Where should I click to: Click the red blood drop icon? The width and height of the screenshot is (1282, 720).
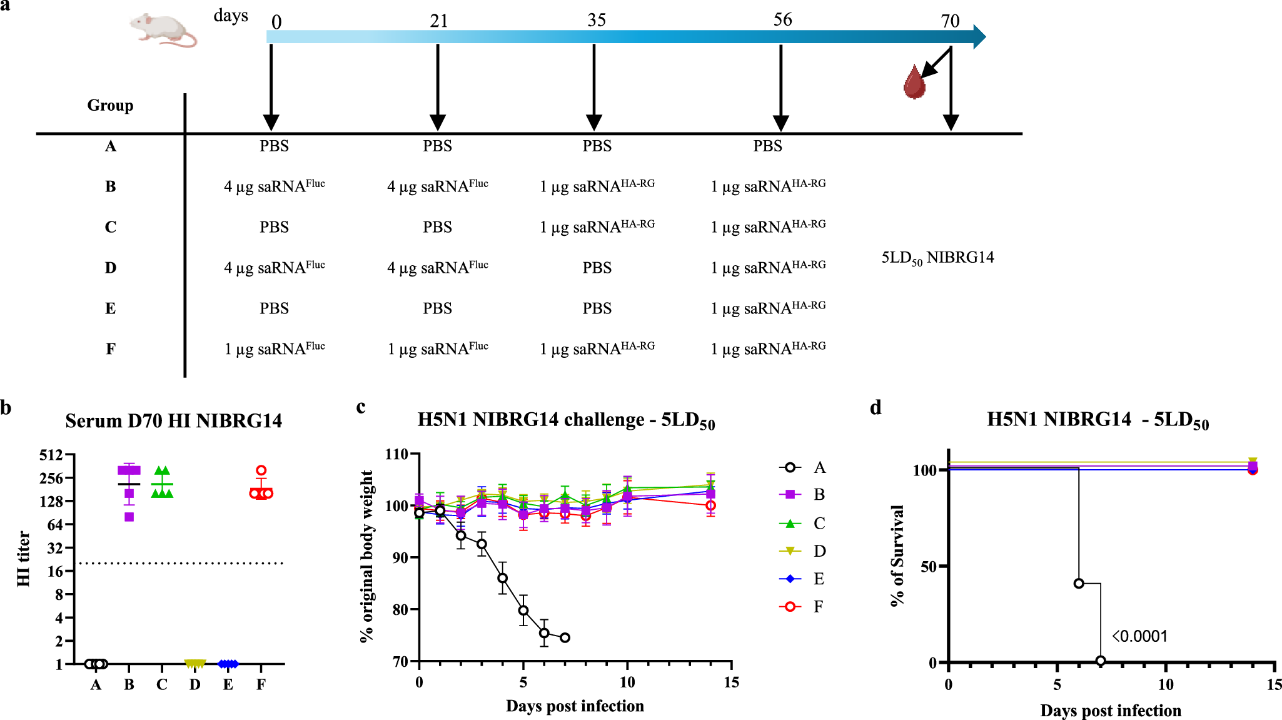(914, 83)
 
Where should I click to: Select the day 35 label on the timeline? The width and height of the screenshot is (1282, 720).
(596, 21)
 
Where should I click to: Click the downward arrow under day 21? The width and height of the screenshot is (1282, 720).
(438, 87)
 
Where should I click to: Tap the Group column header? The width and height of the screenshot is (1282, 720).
(110, 105)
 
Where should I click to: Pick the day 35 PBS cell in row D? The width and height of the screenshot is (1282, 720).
(597, 268)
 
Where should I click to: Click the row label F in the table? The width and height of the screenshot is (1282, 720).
(110, 349)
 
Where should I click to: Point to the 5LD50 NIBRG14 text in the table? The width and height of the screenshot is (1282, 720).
(937, 258)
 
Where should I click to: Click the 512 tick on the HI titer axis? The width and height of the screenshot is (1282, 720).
(51, 455)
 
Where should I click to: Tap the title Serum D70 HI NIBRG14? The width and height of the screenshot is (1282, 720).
(173, 421)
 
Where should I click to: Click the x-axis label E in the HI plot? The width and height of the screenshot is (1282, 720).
(228, 685)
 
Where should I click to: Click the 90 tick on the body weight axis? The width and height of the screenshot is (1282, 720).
(400, 557)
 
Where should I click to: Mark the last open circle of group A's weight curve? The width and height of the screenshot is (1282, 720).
(565, 637)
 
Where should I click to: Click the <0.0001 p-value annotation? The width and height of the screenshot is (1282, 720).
(1139, 636)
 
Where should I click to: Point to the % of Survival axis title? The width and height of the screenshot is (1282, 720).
(897, 555)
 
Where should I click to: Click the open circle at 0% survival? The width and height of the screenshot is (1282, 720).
(1100, 661)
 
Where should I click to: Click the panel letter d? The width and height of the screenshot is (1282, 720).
(876, 408)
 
